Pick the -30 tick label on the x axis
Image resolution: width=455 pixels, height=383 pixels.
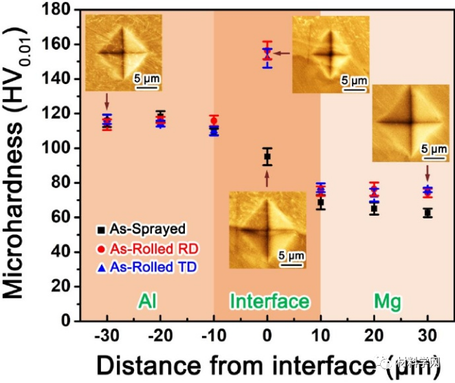(x=106, y=335)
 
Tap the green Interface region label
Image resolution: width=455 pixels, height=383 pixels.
(x=269, y=302)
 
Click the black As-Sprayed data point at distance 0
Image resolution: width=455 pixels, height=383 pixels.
(x=267, y=157)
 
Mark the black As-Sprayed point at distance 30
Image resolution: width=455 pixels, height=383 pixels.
(x=428, y=213)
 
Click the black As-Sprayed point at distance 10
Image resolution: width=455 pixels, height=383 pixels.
(x=320, y=203)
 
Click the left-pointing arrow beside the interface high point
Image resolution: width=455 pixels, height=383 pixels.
(x=283, y=53)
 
